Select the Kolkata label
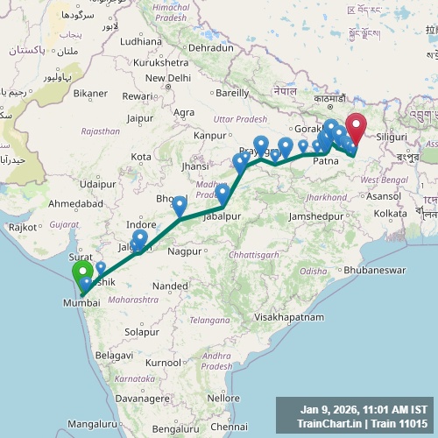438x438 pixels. (x=390, y=213)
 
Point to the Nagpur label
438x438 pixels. (x=184, y=251)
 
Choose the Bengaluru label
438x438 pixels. (x=173, y=429)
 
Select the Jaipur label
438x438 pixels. (x=139, y=118)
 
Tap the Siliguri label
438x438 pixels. (x=391, y=138)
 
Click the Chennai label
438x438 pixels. (x=230, y=427)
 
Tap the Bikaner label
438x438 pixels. (x=91, y=92)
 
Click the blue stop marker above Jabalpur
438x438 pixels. (x=223, y=193)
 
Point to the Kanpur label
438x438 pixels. (x=210, y=135)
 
